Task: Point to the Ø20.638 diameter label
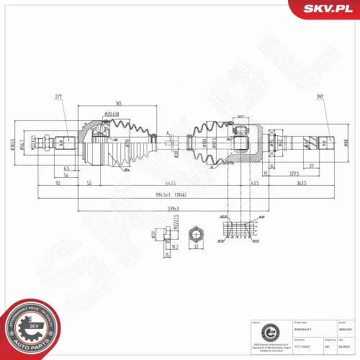pyautogui.click(x=112, y=115)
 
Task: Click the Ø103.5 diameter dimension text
pyautogui.click(x=13, y=143)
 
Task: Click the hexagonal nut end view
pyautogui.click(x=196, y=234)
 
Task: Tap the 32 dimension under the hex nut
pyautogui.click(x=196, y=247)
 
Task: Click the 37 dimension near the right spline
pyautogui.click(x=311, y=166)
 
